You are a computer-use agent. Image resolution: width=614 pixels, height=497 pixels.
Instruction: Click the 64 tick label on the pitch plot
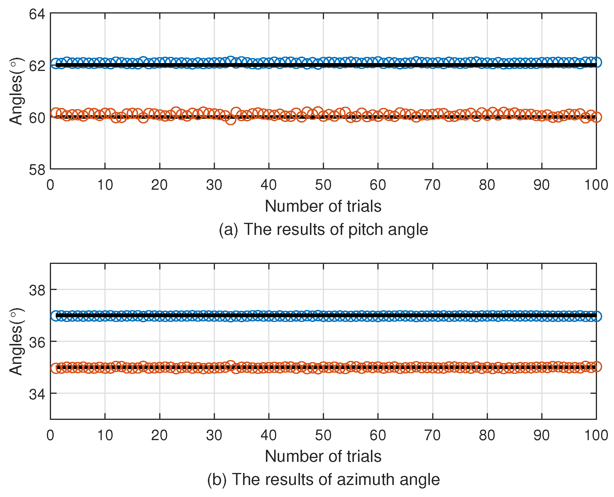point(37,14)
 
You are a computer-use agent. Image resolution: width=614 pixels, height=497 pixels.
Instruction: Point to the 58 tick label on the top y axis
point(37,170)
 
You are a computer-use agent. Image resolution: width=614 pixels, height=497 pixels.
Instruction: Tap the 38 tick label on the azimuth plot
point(37,290)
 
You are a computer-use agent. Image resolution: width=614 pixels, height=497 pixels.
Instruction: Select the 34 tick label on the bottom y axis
point(37,394)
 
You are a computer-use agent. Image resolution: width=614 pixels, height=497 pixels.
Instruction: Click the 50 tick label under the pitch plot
point(323,185)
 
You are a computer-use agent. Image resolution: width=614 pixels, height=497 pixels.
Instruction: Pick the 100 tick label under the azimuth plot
point(596,435)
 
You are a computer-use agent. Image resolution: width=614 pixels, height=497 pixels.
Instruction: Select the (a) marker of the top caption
point(228,230)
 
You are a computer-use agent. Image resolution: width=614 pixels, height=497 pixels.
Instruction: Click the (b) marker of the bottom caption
point(217,480)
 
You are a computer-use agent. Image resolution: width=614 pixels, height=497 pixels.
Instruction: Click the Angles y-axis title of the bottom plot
point(16,342)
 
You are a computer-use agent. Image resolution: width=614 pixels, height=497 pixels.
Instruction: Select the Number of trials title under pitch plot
point(323,206)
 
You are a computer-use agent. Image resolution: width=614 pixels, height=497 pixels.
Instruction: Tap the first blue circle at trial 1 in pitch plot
point(56,63)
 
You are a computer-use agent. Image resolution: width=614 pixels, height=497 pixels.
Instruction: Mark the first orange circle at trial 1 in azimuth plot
point(56,368)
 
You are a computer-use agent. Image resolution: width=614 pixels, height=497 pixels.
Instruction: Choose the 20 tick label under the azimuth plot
point(159,435)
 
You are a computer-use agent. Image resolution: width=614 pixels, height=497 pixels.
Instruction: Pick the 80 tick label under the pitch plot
point(487,185)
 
